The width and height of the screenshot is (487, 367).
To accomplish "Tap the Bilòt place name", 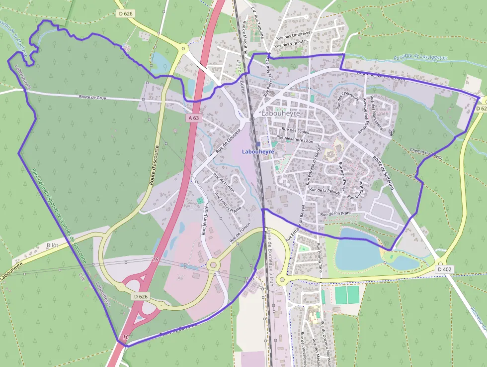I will (52, 246).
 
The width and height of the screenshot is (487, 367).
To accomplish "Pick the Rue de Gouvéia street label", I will (228, 141).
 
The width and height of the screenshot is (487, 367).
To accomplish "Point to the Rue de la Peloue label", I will (324, 190).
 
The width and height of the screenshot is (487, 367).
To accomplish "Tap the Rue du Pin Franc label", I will (336, 214).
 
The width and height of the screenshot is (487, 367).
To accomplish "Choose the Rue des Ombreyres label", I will (294, 35).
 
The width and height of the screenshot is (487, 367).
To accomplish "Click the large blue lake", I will (356, 248).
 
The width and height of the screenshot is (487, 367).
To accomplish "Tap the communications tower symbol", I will (391, 133).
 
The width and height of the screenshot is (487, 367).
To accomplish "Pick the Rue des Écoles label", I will (295, 131).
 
